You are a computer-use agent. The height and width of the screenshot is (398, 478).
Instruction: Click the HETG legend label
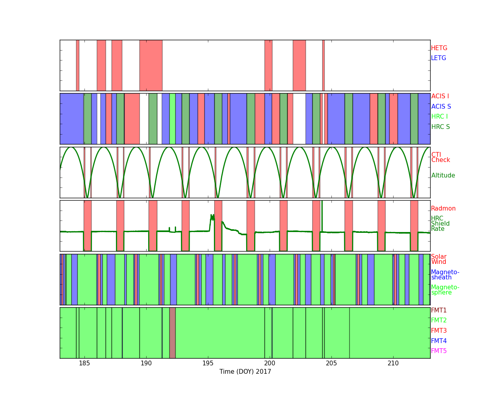439,48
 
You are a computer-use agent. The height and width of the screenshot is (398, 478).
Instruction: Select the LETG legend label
439,58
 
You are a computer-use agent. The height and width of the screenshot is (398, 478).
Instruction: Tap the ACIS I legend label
440,96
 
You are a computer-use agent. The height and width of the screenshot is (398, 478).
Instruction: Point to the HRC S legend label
441,127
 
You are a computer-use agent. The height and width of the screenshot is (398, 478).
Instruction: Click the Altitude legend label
443,176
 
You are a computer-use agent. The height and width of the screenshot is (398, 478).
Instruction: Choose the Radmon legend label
443,209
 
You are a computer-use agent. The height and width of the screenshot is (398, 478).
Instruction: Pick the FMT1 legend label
439,310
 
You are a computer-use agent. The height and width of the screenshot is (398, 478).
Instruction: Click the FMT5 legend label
439,351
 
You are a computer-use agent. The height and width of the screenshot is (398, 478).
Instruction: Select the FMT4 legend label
439,341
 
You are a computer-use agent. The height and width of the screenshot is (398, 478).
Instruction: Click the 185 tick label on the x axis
84,363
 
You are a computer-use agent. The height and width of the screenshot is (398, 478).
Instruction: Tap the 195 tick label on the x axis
208,363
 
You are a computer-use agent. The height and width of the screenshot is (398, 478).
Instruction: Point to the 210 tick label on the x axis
393,363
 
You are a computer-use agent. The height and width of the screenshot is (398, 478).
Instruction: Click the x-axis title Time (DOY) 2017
245,372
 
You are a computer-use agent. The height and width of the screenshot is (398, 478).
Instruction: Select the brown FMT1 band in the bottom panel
172,333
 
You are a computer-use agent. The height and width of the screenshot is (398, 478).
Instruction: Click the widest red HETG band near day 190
151,65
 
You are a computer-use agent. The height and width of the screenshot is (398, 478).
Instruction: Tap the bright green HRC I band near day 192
172,119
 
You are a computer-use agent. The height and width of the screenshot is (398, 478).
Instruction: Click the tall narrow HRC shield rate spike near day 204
322,216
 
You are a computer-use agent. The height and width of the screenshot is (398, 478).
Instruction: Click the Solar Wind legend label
439,259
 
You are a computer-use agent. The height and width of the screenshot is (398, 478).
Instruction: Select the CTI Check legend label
441,157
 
